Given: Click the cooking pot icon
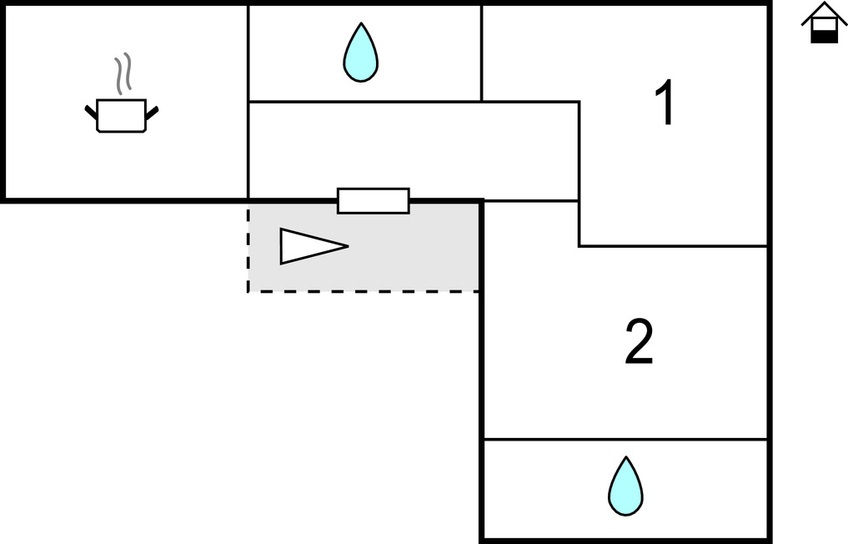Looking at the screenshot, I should click(122, 115).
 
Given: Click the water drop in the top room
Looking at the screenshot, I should click(360, 53).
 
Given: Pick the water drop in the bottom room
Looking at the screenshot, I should click(625, 486).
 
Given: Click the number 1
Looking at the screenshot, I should click(664, 104).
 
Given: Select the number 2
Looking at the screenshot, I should click(639, 343).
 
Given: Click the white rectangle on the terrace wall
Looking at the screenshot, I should click(373, 201).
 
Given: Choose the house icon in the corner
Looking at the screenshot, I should click(824, 23).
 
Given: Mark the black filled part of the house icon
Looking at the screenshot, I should click(824, 35).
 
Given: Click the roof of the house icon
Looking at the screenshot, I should click(824, 11).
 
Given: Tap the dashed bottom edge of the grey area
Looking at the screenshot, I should click(364, 291).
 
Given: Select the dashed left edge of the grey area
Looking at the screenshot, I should click(248, 247).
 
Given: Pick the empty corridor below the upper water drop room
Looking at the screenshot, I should click(413, 150).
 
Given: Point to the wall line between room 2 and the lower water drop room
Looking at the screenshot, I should click(625, 439).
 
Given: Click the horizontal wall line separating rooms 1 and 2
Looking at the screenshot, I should click(672, 246).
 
